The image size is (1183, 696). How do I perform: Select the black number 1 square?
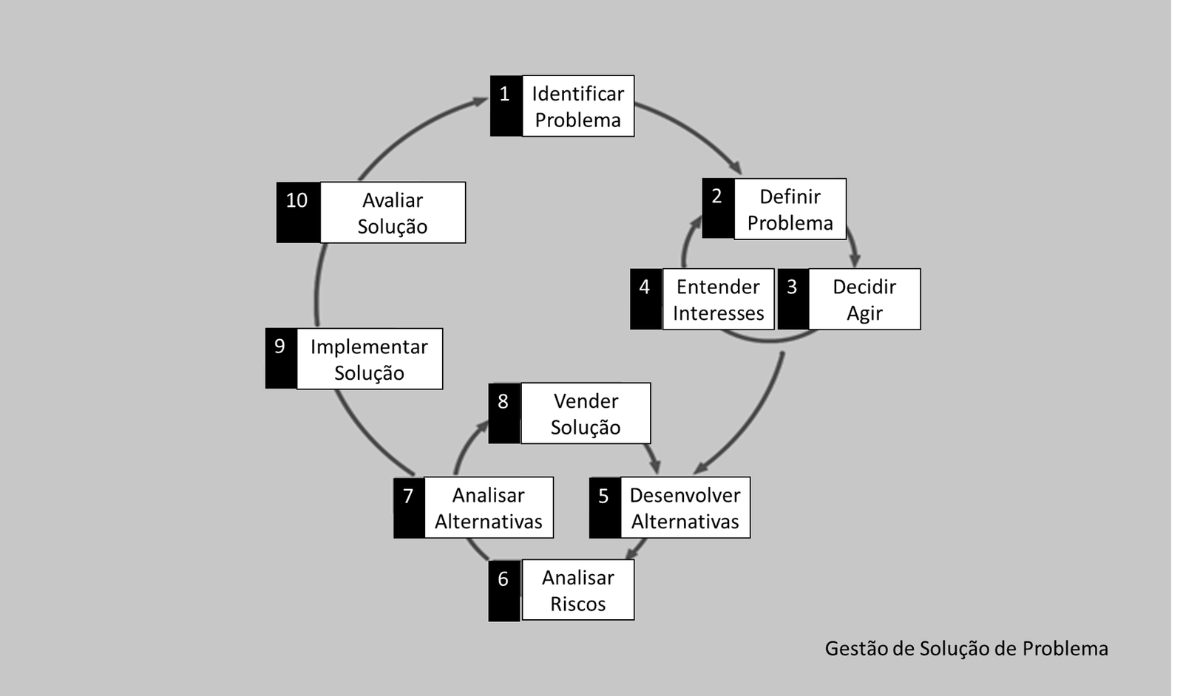point(506,106)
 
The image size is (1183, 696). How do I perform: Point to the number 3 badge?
point(793,298)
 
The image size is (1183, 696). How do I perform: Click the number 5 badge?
point(604,508)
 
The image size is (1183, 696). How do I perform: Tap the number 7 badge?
point(409,508)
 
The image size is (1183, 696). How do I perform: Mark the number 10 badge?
point(297,212)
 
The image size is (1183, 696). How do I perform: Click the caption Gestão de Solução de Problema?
point(966,649)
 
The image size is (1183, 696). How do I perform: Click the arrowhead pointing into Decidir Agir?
point(855,260)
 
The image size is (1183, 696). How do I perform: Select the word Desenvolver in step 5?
point(685,495)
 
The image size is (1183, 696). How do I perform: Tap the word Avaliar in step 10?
point(393,200)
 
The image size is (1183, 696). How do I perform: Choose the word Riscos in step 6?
point(577,604)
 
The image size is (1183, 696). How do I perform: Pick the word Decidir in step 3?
point(864,287)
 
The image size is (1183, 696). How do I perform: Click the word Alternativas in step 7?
point(488,522)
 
